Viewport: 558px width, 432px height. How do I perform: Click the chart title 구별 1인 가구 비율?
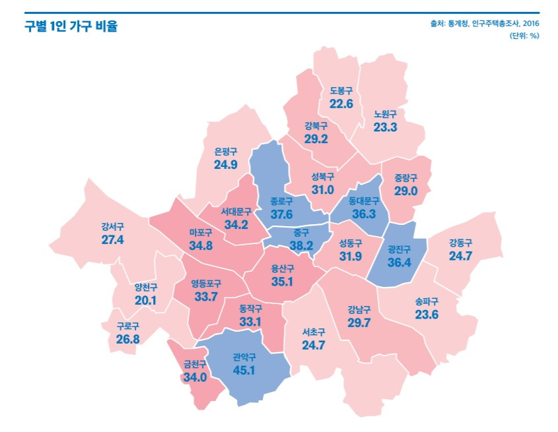[71, 26]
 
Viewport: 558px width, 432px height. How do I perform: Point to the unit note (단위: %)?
[524, 36]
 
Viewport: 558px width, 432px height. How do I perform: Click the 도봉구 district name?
[341, 92]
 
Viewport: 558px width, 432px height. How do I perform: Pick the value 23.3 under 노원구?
[385, 127]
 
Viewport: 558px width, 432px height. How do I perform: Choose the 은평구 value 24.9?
[225, 164]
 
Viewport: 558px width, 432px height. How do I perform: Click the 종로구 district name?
[283, 201]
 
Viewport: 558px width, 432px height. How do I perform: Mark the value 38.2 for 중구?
[301, 245]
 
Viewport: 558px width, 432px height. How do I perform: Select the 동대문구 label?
[364, 201]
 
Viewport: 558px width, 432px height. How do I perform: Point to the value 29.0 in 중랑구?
[406, 191]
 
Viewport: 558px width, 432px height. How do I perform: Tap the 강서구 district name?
[113, 226]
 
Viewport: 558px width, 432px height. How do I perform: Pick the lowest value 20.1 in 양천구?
[145, 300]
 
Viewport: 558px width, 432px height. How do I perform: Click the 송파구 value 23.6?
[427, 315]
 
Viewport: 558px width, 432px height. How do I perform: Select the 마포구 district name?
[200, 233]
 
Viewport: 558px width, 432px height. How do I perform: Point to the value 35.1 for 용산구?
[282, 282]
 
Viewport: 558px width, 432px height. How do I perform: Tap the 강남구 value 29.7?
[359, 322]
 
